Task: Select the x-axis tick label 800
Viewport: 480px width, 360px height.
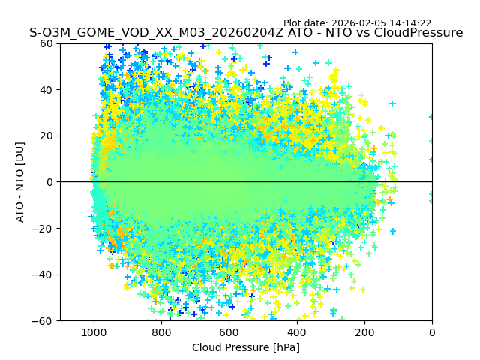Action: (161, 331)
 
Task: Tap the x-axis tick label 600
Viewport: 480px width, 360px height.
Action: (229, 331)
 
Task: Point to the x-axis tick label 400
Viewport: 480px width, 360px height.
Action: (296, 331)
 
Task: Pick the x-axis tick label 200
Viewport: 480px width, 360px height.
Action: (364, 331)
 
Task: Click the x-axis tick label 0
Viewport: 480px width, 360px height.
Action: (432, 331)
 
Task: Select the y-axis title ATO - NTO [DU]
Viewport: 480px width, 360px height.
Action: (20, 182)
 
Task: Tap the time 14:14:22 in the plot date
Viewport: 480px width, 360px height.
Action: (410, 23)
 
